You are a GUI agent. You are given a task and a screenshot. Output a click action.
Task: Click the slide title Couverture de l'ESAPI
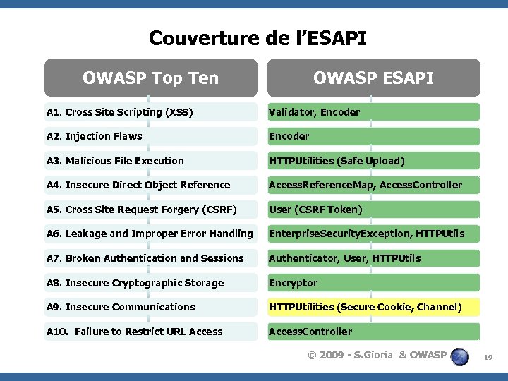tap(258, 37)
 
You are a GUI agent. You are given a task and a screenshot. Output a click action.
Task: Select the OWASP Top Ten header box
tap(150, 78)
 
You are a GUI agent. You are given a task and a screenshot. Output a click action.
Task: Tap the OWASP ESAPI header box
tap(373, 78)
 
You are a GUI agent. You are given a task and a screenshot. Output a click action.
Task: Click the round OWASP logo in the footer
tap(460, 356)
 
